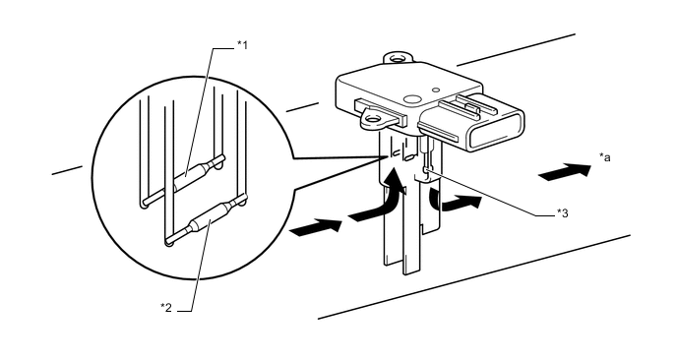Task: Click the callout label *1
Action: click(x=243, y=44)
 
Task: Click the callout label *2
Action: click(x=166, y=307)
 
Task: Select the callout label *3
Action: click(x=562, y=212)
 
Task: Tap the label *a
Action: click(x=604, y=157)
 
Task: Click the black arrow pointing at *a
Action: click(x=565, y=171)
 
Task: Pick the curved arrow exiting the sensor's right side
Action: click(x=455, y=202)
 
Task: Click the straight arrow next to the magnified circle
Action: click(x=316, y=227)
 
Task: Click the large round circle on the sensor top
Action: click(x=412, y=98)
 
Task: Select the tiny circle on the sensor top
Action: click(x=436, y=90)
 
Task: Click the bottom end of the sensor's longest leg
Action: click(x=411, y=271)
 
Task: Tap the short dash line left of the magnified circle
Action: click(x=67, y=170)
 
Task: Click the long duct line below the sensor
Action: click(x=474, y=277)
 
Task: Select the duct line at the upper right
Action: click(x=516, y=49)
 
